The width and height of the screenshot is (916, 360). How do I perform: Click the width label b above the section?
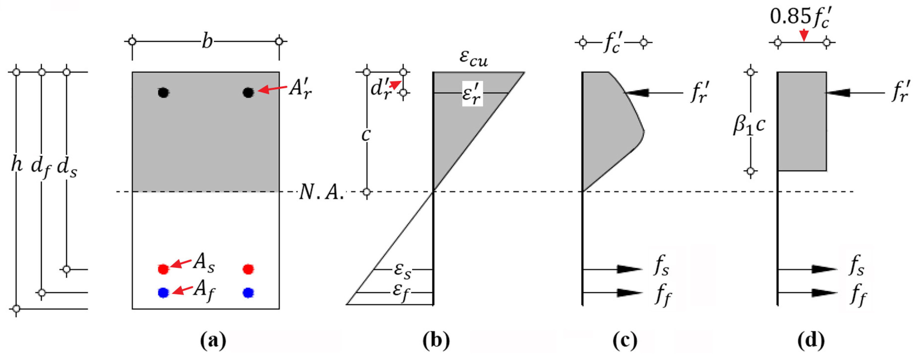coord(207,42)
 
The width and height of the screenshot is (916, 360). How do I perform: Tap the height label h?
coord(16,164)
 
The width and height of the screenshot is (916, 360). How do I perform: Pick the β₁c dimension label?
coord(749,125)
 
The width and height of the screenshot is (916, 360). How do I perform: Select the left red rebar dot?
coord(163,269)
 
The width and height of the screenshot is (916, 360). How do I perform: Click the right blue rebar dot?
coord(248,293)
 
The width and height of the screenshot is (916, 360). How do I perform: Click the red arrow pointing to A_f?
coord(183,290)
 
